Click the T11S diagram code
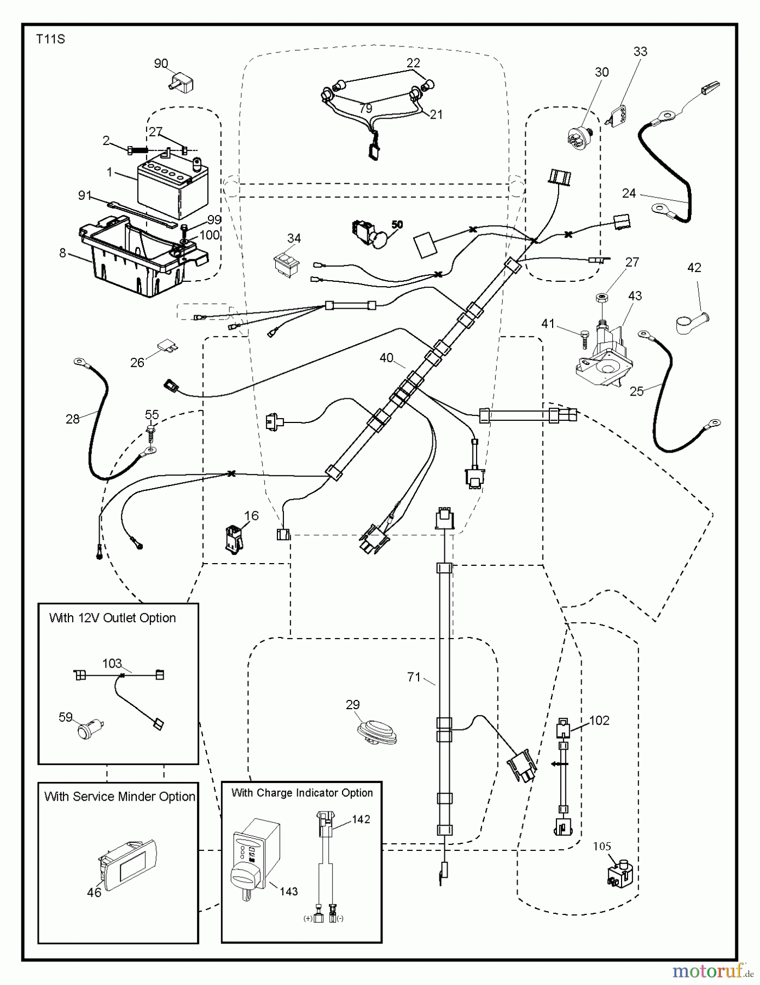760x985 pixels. tap(50, 39)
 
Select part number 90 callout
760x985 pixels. tap(161, 64)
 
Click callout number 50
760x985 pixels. tap(397, 224)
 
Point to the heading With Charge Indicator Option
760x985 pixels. tap(302, 793)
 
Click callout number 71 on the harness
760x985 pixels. tap(414, 677)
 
